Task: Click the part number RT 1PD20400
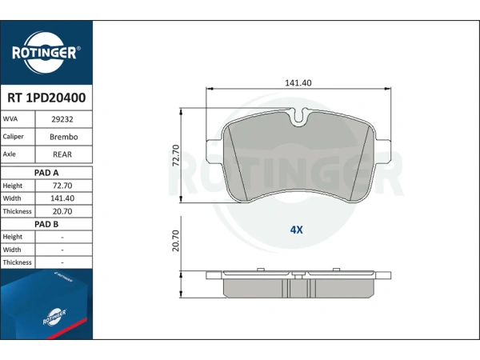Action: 46,98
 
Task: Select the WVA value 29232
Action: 62,119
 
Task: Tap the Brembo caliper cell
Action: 64,137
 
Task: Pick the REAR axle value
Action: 62,154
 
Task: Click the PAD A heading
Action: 46,173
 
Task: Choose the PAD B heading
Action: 46,224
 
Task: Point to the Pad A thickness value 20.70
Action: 62,211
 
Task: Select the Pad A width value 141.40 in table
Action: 62,198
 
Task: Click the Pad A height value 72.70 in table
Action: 62,186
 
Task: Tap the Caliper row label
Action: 13,137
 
